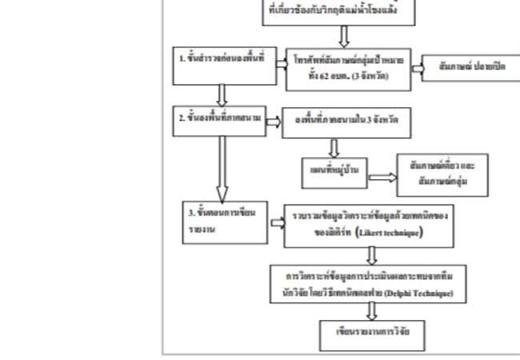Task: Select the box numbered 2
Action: click(216, 118)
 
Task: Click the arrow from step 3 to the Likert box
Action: click(276, 220)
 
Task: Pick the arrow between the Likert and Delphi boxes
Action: click(371, 254)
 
